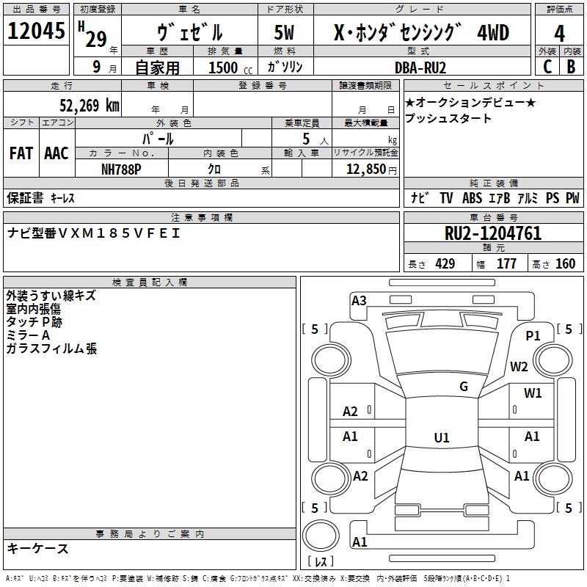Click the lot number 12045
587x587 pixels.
[x=36, y=31]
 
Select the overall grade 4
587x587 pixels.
[x=559, y=34]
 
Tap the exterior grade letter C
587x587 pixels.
[x=547, y=67]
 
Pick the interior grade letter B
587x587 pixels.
[x=571, y=67]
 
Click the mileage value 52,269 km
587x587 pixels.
[x=90, y=106]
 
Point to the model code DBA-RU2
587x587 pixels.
[x=420, y=68]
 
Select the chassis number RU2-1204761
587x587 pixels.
[x=493, y=233]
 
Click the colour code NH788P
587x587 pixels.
[x=121, y=169]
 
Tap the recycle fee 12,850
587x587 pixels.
[x=365, y=169]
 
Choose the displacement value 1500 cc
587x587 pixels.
[x=230, y=68]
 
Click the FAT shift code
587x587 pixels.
[x=21, y=153]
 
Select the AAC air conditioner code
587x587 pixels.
[x=56, y=153]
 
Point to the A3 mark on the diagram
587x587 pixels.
[x=359, y=301]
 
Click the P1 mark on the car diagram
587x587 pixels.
[x=533, y=336]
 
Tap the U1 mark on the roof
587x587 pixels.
[x=442, y=437]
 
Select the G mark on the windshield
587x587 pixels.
[x=464, y=387]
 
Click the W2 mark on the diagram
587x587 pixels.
[x=519, y=366]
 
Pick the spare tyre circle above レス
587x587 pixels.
[x=321, y=536]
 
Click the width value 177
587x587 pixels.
[x=506, y=264]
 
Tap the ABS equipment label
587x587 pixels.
[x=472, y=198]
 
